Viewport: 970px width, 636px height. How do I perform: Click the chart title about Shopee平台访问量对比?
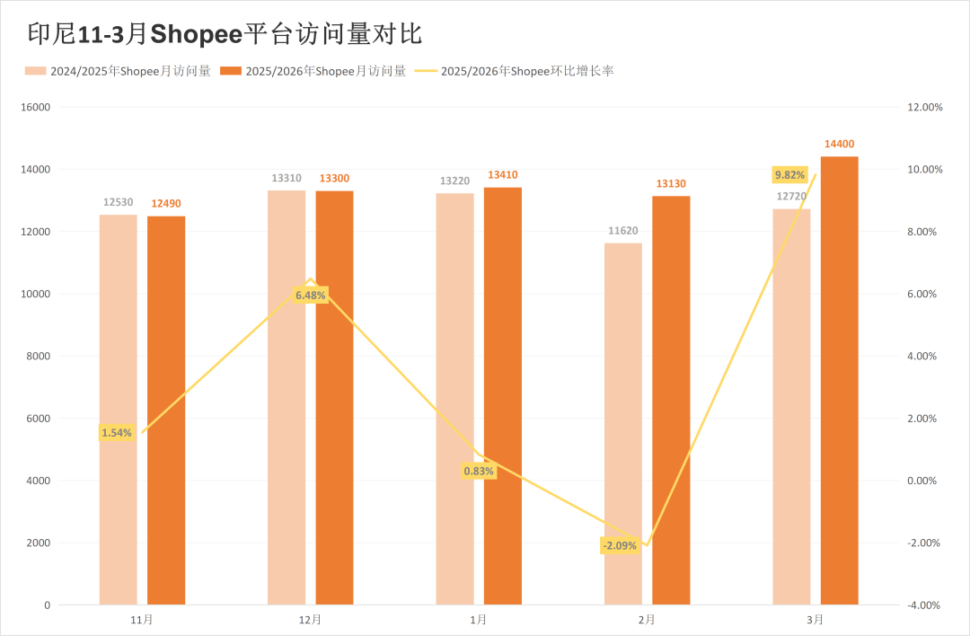point(225,35)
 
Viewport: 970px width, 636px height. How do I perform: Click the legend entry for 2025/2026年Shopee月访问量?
point(313,71)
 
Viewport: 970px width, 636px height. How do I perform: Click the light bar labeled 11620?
point(623,423)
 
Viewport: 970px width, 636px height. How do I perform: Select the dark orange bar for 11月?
point(166,410)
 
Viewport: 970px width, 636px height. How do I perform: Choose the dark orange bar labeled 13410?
point(502,395)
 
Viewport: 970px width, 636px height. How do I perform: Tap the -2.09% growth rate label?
point(620,545)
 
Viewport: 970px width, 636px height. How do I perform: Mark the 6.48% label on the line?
point(310,295)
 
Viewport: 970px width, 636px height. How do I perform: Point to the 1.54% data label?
point(117,433)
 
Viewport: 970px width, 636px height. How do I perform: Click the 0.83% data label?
point(479,471)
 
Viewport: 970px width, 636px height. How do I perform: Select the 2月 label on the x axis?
point(647,620)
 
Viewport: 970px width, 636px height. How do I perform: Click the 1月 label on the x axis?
point(479,620)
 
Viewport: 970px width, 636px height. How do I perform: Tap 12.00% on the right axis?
point(924,107)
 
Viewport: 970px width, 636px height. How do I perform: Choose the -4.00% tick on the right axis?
point(924,605)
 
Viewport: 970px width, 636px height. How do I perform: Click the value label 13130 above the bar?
point(671,184)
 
